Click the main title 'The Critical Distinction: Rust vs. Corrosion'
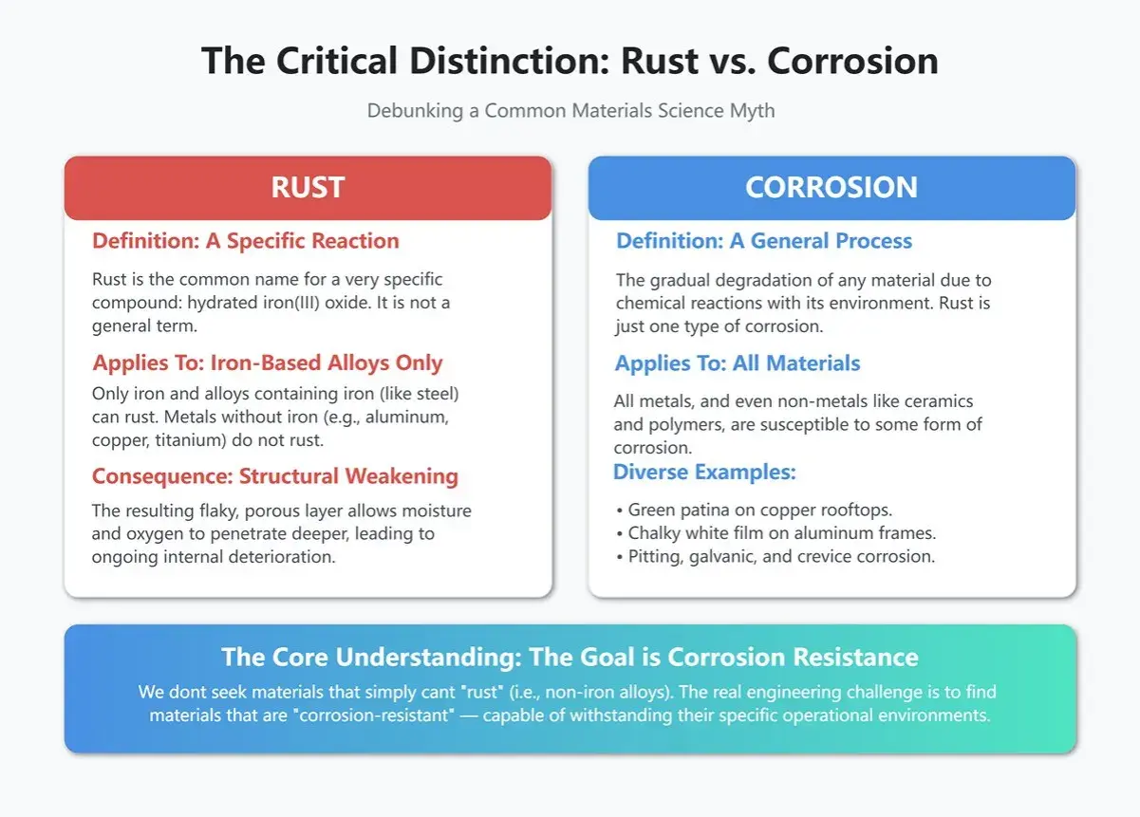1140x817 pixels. coord(570,61)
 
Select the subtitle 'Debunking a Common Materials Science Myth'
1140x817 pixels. coord(571,111)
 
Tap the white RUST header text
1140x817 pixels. coord(308,187)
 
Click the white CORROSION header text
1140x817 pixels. coord(832,187)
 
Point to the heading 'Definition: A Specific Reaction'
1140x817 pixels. coord(246,241)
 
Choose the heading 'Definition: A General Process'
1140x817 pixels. coord(764,241)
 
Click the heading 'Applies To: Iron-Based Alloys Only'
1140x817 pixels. coord(267,363)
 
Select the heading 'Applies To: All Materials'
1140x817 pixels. coord(738,363)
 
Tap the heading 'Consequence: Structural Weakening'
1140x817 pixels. coord(275,476)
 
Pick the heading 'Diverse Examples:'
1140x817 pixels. coord(704,473)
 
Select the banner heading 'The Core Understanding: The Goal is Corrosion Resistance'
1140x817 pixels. coord(570,657)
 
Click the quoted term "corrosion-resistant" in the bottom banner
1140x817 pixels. coord(374,715)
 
